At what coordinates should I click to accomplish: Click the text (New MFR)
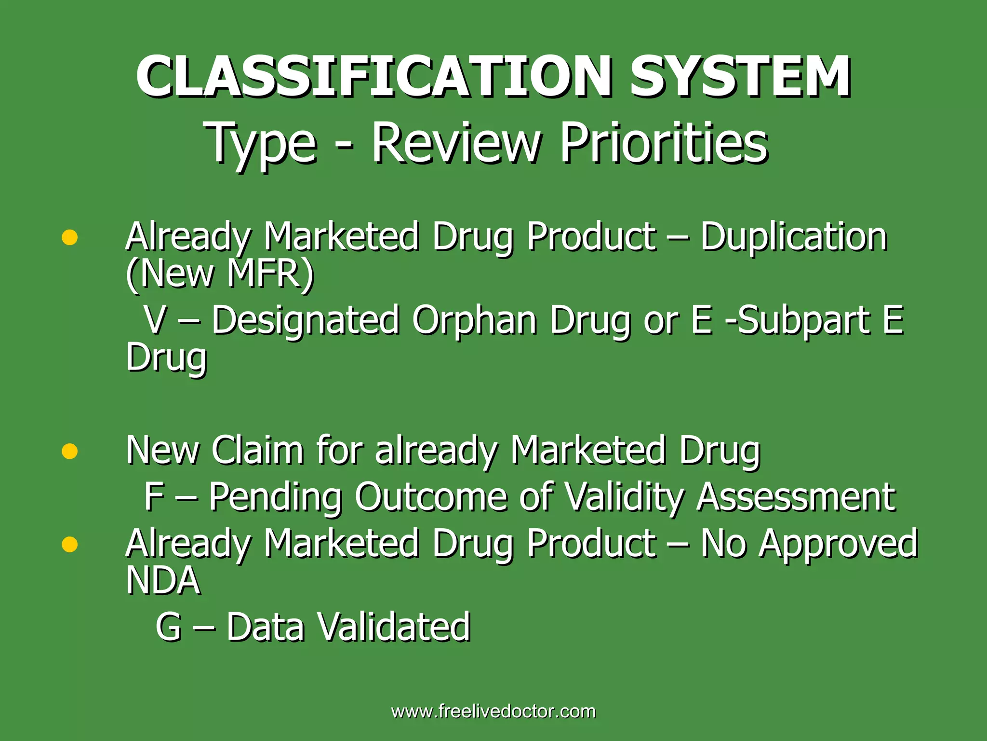[x=220, y=274]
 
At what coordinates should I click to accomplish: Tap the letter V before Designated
[x=156, y=320]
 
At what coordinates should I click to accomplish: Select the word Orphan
[x=474, y=320]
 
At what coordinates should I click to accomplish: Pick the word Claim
[x=257, y=450]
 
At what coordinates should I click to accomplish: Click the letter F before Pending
[x=154, y=497]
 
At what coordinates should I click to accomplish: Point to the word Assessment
[x=796, y=497]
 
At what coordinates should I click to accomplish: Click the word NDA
[x=163, y=580]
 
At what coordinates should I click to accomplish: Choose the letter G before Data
[x=169, y=627]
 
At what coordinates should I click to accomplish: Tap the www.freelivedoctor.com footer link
[x=493, y=712]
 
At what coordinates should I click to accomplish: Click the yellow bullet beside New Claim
[x=70, y=451]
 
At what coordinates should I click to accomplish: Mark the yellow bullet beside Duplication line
[x=70, y=237]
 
